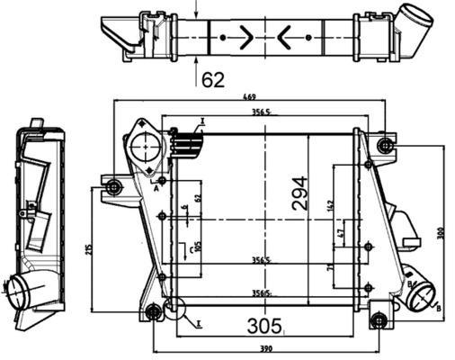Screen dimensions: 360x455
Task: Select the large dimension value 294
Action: coord(299,193)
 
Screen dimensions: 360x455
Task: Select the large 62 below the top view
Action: coord(212,80)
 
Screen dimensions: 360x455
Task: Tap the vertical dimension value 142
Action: coord(330,205)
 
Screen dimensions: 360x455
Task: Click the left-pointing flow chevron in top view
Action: coord(285,38)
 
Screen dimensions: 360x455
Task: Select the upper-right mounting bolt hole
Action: coord(386,146)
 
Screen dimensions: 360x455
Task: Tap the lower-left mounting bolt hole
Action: coord(154,311)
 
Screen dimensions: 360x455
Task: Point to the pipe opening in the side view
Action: coord(21,289)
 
